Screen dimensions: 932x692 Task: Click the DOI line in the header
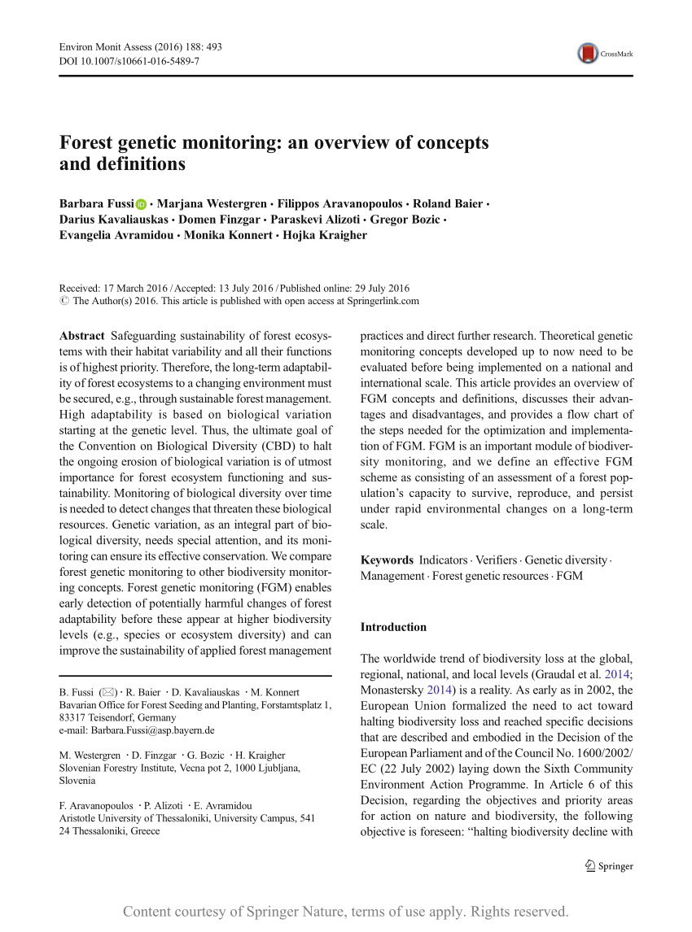coord(129,61)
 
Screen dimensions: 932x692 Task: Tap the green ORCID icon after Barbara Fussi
coord(142,204)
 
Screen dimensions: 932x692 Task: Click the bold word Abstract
coord(82,336)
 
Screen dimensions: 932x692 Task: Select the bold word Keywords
coord(387,560)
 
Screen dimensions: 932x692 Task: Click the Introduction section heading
coord(393,627)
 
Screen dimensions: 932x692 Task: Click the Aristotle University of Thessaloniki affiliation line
coord(187,819)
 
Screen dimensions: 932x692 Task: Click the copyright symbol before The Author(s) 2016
coord(65,301)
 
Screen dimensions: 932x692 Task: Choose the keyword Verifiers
coord(496,560)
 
